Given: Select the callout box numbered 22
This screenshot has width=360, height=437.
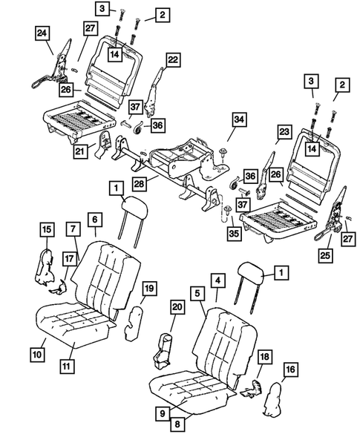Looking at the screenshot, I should coord(172,59).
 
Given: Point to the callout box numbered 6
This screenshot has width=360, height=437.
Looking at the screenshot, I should coord(95,219).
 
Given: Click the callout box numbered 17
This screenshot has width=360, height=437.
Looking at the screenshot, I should coord(68,260).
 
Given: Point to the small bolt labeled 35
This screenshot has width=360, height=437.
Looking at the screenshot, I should coord(225,213).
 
